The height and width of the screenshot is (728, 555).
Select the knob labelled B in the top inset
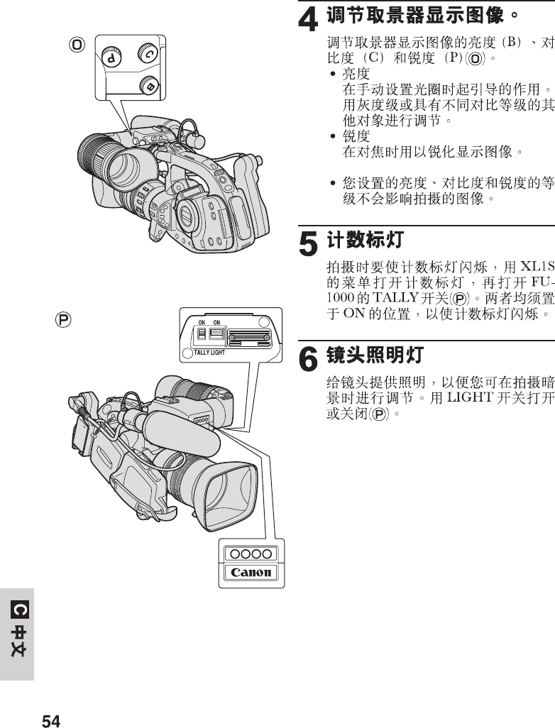148,84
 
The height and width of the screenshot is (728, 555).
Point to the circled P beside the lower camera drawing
64,320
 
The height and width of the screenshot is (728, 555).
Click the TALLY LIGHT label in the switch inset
209,352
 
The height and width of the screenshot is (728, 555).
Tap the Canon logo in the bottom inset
248,572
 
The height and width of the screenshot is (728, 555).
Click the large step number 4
307,19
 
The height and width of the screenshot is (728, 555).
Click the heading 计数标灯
365,240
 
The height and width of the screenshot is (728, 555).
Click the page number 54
51,722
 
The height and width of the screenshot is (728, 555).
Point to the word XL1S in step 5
536,268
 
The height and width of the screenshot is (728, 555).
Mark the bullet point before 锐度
333,136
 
